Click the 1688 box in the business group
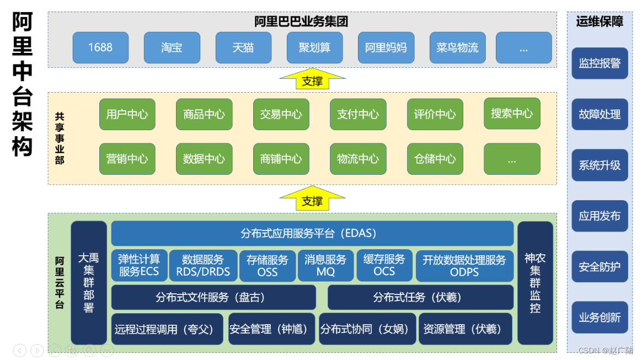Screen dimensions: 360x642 point(100,47)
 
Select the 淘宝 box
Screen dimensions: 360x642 point(172,47)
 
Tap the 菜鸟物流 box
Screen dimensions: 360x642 point(457,47)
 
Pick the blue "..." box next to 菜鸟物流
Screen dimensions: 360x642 point(523,47)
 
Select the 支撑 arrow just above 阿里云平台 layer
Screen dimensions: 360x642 point(312,200)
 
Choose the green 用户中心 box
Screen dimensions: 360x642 point(127,114)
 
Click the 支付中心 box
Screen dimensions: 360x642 point(358,114)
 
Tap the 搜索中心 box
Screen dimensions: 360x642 point(512,113)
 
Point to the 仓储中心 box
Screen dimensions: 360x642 point(435,159)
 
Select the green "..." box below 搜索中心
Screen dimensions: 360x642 point(512,159)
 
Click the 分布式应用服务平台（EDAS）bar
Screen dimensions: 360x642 point(312,233)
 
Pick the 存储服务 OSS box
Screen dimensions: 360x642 point(267,266)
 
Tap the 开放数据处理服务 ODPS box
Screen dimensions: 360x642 point(464,266)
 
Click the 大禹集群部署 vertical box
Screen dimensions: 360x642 point(89,283)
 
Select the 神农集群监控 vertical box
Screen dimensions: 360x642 point(535,283)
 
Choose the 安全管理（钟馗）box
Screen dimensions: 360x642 point(271,329)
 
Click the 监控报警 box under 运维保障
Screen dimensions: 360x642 point(600,63)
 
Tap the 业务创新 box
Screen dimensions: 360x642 point(600,318)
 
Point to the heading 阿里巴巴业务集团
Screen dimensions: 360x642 point(301,22)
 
